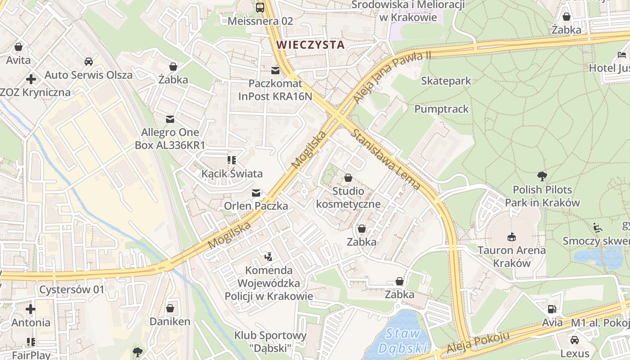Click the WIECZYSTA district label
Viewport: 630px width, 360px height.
tap(310, 45)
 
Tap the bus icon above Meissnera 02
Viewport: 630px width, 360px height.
tap(260, 7)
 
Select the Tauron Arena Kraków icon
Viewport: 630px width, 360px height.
tap(512, 237)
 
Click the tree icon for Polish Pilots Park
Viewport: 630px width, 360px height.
tap(542, 176)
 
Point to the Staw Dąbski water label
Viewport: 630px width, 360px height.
tap(403, 341)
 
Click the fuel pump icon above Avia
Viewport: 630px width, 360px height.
tap(552, 309)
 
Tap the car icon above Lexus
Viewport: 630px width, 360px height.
tap(575, 340)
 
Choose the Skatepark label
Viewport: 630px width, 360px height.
tap(446, 81)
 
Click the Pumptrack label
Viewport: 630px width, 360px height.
tap(441, 109)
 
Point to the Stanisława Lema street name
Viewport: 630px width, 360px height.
tap(386, 158)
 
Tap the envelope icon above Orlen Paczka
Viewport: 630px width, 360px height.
tap(256, 193)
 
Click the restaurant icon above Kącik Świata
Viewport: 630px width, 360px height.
tap(232, 160)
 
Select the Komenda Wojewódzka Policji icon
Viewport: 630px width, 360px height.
tap(269, 257)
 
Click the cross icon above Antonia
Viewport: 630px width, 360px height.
tap(31, 309)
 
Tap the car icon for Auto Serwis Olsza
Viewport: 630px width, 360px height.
tap(89, 62)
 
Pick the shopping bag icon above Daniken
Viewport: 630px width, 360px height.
tap(170, 308)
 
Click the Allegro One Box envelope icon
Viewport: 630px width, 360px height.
tap(170, 119)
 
